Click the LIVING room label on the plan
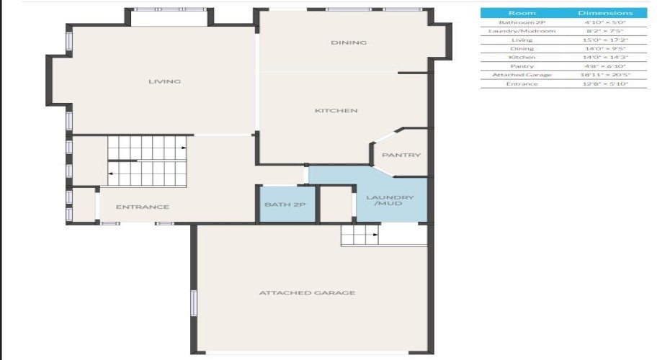click(x=164, y=81)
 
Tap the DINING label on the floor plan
click(x=349, y=42)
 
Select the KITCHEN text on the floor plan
click(x=336, y=111)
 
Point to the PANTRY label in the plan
click(x=401, y=156)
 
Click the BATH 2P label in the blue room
click(x=286, y=205)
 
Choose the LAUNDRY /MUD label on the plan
click(x=390, y=201)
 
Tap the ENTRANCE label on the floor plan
click(x=143, y=207)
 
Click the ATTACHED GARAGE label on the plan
click(x=307, y=293)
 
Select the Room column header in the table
click(x=522, y=13)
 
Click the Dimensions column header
click(x=605, y=13)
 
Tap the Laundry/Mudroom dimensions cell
click(x=605, y=31)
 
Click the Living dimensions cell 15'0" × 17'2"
click(x=605, y=40)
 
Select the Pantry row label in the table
click(x=522, y=66)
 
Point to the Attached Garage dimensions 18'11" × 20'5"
click(x=605, y=75)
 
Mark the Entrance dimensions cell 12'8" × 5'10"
click(x=605, y=84)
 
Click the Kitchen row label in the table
click(x=522, y=58)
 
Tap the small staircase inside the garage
click(x=360, y=234)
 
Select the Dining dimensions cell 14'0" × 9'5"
click(x=605, y=48)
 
